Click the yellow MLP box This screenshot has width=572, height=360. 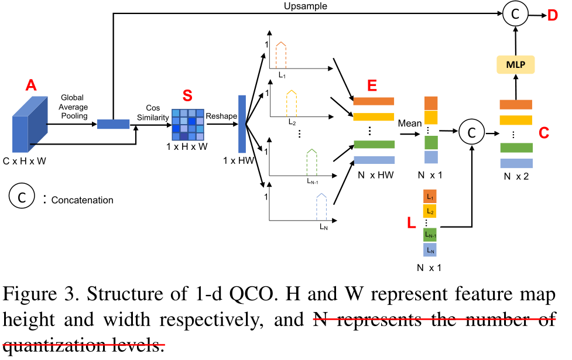pos(515,64)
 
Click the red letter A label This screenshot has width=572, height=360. pos(31,86)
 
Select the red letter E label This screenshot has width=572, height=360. pos(372,85)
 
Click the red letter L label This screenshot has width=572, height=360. pos(412,223)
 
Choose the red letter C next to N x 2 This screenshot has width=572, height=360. pos(544,133)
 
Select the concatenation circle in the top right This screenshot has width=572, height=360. pos(515,14)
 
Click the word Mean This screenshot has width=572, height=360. pos(409,124)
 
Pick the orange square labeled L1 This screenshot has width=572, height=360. pos(431,197)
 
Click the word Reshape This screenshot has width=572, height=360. pos(221,116)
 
